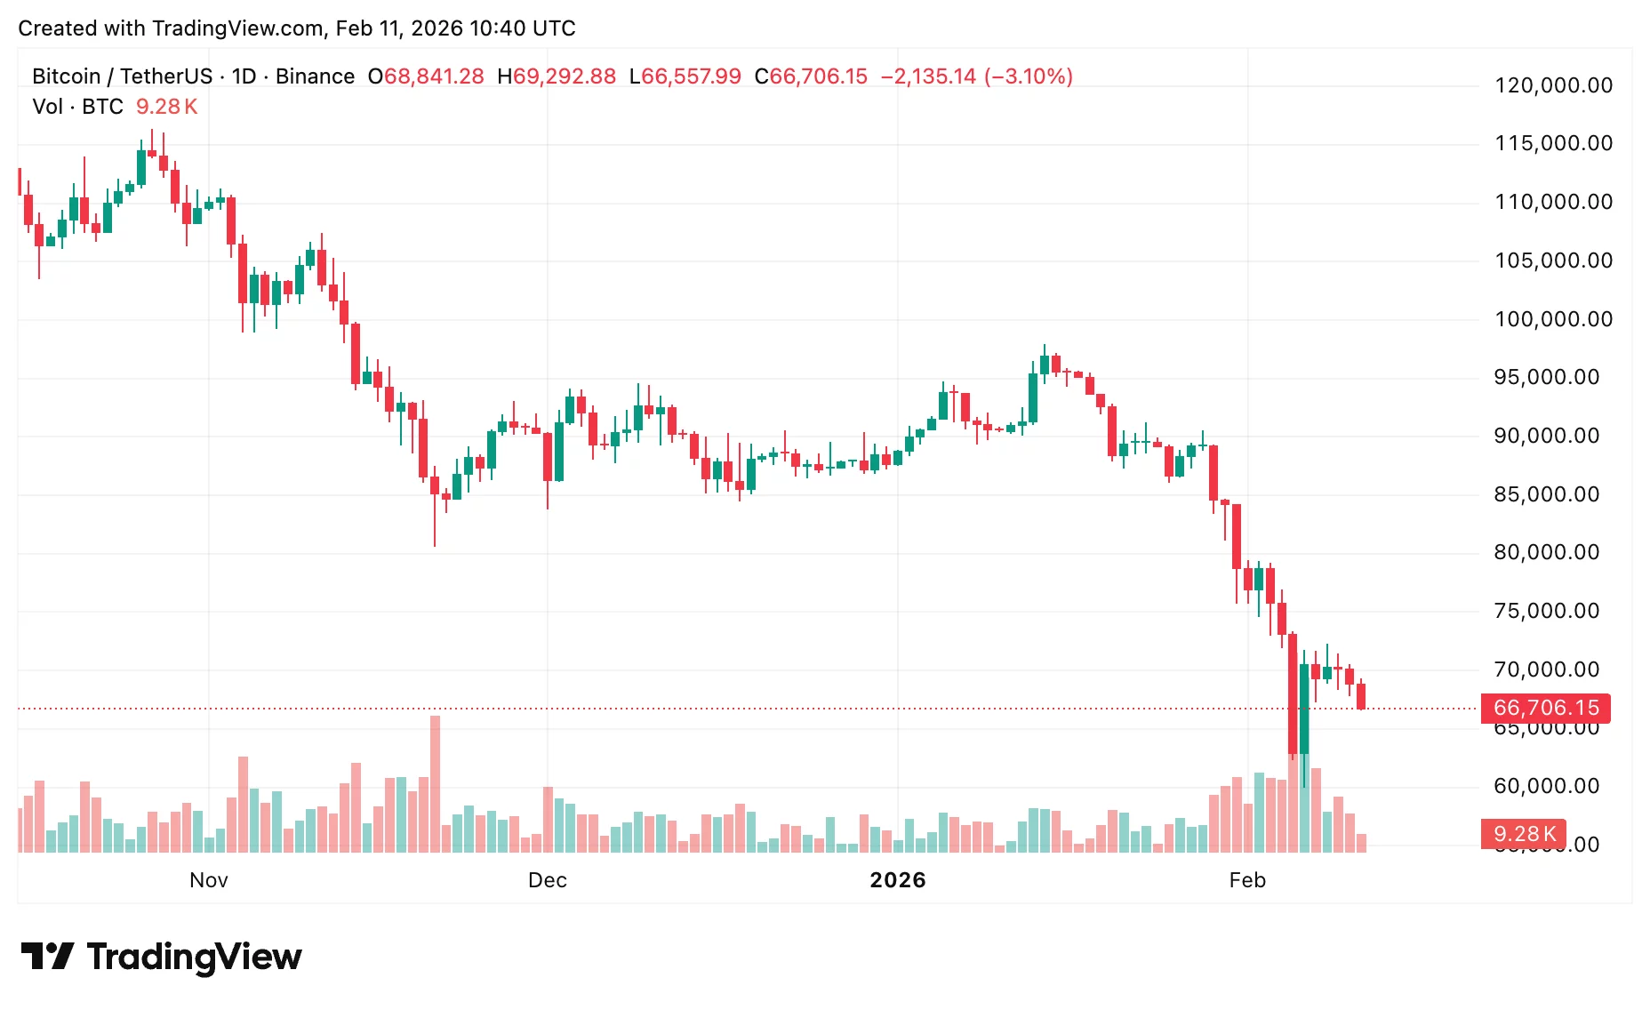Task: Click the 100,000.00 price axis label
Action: point(1553,319)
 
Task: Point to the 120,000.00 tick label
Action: point(1553,85)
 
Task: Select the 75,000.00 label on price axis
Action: point(1547,611)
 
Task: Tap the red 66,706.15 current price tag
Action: point(1546,708)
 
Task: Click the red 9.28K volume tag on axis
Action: point(1524,834)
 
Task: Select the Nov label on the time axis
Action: point(209,880)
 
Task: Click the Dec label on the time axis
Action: point(547,880)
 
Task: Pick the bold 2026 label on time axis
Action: point(897,880)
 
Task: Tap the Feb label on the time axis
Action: point(1246,880)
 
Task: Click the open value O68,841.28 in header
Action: point(426,76)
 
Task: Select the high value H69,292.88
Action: point(557,76)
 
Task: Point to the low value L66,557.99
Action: point(685,76)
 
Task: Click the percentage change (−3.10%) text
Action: point(1028,76)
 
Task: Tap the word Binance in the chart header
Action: point(315,76)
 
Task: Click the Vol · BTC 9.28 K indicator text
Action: point(115,107)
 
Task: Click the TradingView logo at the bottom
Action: point(161,957)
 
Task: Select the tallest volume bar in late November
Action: point(435,782)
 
